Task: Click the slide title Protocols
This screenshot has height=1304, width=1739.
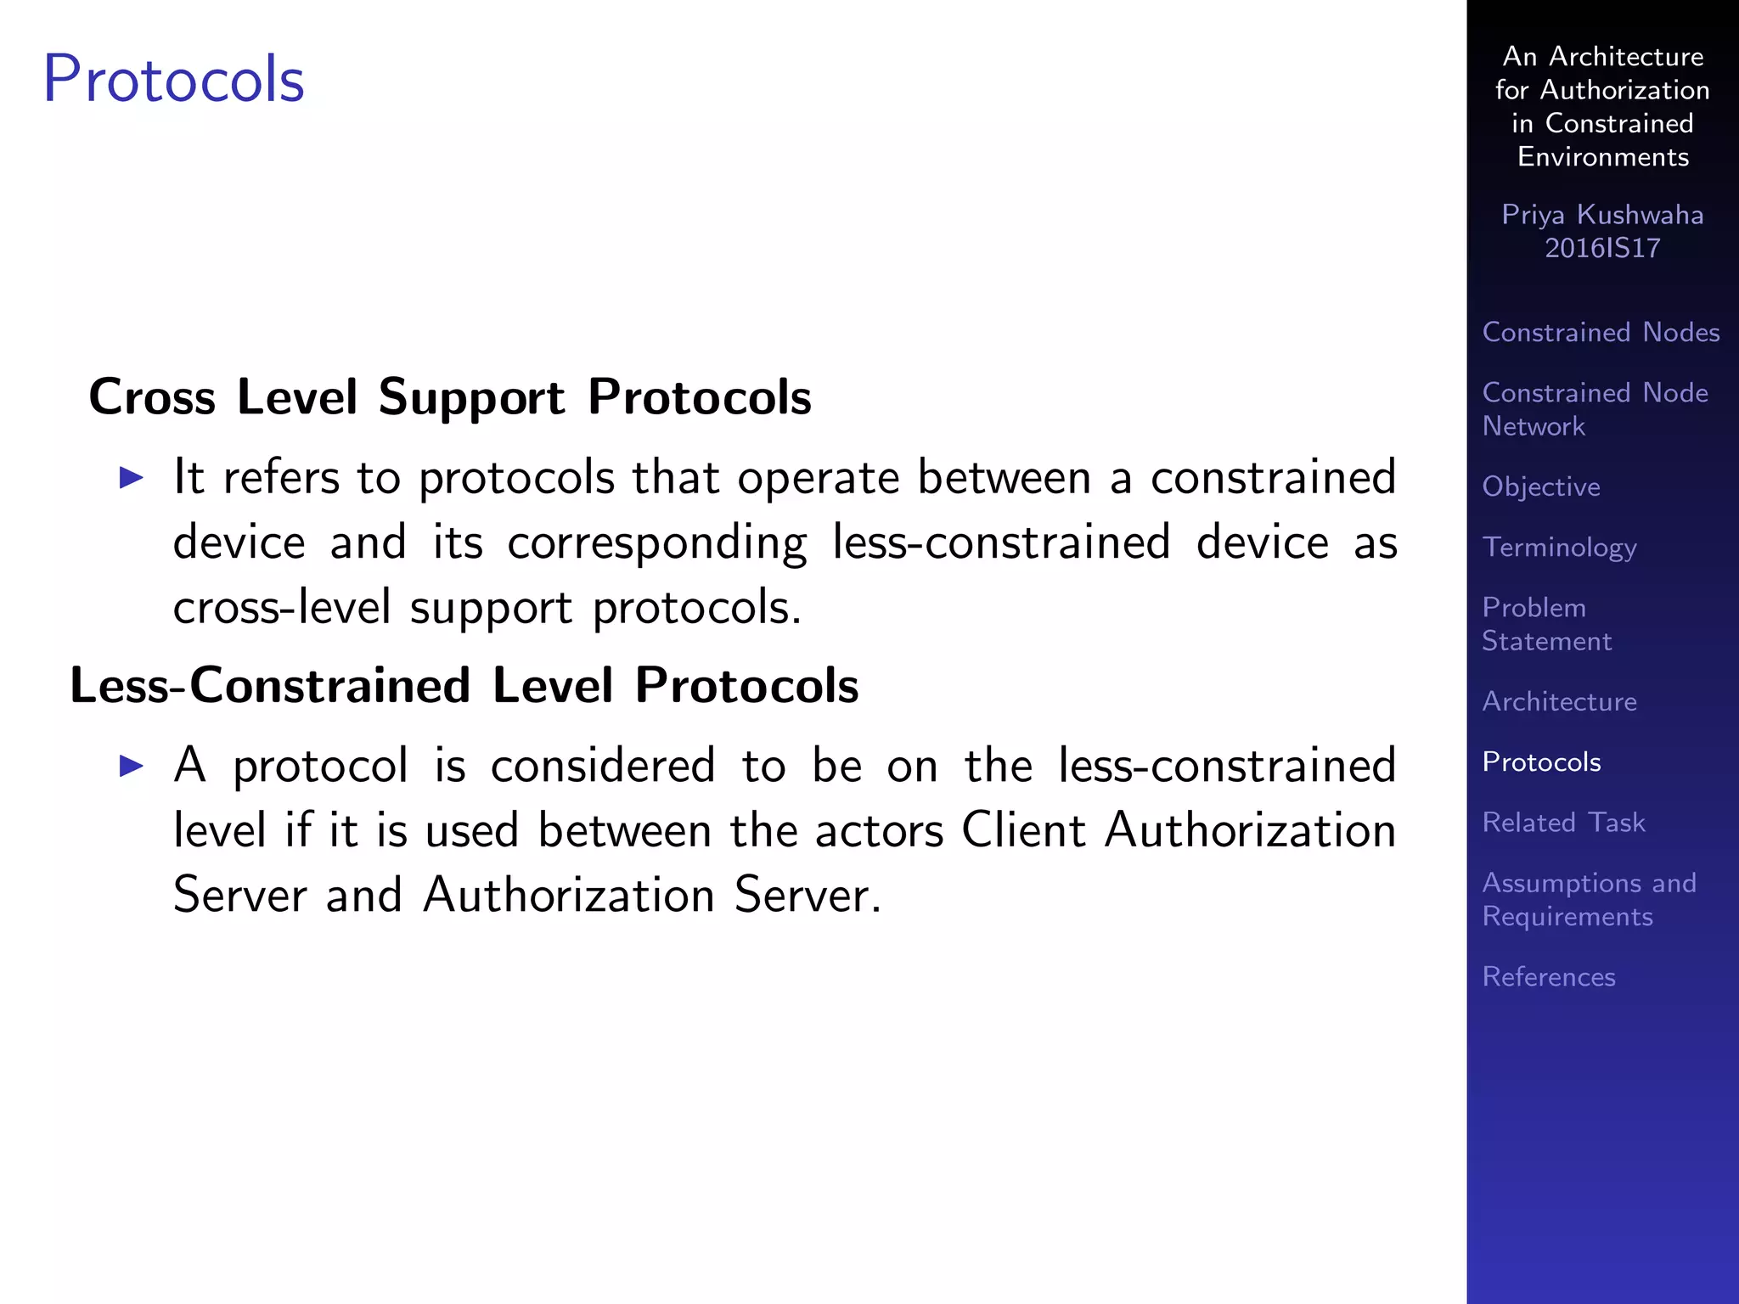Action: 173,80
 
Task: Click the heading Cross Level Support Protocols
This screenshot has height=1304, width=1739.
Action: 450,396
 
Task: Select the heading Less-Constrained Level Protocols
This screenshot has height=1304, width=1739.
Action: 464,685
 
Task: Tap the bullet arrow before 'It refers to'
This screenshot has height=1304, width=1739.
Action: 132,477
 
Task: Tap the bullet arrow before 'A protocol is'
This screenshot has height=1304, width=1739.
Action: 132,766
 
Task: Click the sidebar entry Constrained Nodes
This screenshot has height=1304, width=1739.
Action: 1601,332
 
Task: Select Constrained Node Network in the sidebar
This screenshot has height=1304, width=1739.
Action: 1594,409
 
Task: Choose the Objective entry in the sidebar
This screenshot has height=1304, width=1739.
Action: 1541,486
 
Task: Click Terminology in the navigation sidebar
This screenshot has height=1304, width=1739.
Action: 1559,547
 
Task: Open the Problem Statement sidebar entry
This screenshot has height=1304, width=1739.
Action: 1545,624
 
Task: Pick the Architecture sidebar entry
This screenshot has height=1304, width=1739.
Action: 1559,701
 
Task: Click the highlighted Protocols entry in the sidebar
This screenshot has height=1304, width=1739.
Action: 1541,762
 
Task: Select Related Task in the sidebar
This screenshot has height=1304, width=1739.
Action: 1563,822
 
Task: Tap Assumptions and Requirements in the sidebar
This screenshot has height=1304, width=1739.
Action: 1588,899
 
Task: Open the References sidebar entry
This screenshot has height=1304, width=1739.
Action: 1548,976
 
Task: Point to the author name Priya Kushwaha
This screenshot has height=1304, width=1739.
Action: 1601,215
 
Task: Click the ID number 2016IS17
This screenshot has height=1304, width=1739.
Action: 1601,248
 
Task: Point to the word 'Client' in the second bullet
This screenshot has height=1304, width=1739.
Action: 1022,830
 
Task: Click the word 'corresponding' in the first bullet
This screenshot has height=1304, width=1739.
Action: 657,543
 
